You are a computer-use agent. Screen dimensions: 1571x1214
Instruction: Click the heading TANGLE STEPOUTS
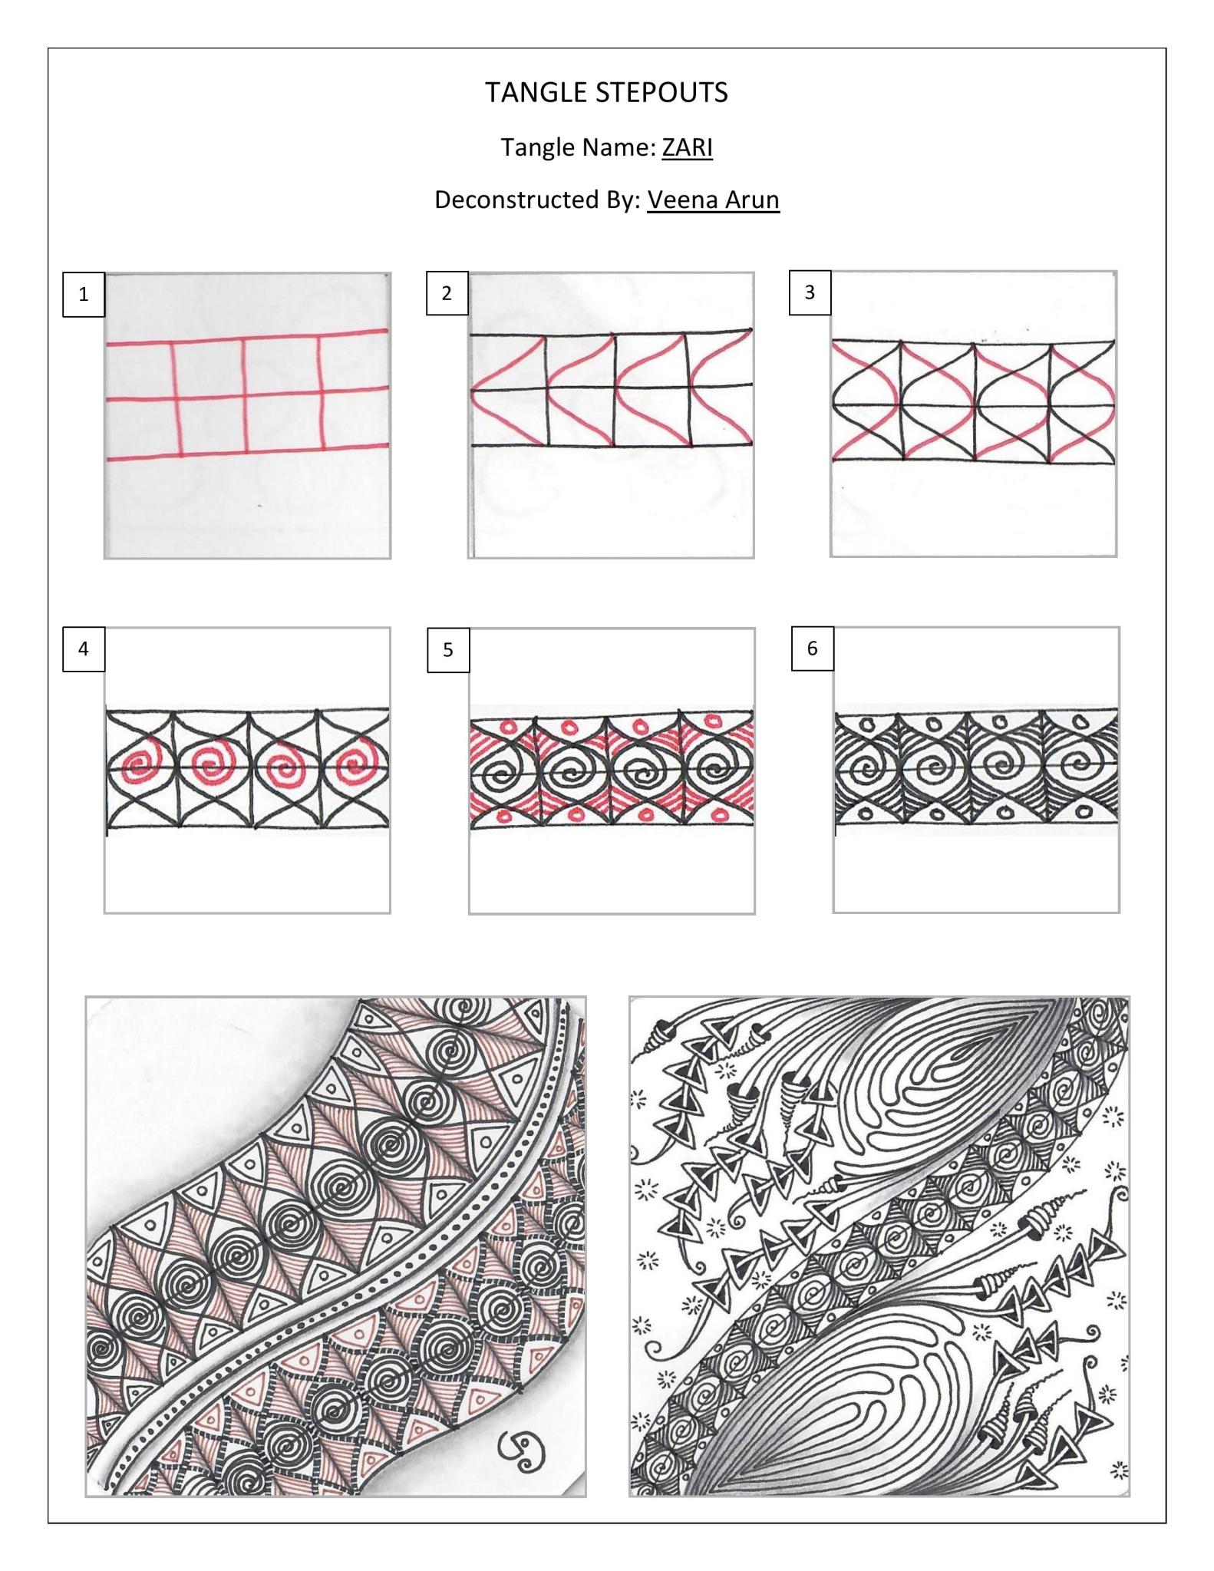point(606,93)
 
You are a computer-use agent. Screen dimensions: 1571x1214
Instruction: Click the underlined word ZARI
point(687,147)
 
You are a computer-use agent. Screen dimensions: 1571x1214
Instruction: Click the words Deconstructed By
point(537,200)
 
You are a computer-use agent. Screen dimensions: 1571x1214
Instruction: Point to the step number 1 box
point(84,294)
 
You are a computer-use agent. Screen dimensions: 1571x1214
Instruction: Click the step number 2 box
point(447,293)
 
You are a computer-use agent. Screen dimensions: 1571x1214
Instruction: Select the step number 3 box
point(810,292)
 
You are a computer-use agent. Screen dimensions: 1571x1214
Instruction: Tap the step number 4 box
point(84,649)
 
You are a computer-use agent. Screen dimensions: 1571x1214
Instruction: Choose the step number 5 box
point(448,650)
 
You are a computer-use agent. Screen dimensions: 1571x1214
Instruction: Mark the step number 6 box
point(813,649)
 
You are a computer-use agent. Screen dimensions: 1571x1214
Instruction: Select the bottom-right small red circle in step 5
point(720,814)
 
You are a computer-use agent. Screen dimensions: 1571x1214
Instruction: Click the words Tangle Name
point(577,147)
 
